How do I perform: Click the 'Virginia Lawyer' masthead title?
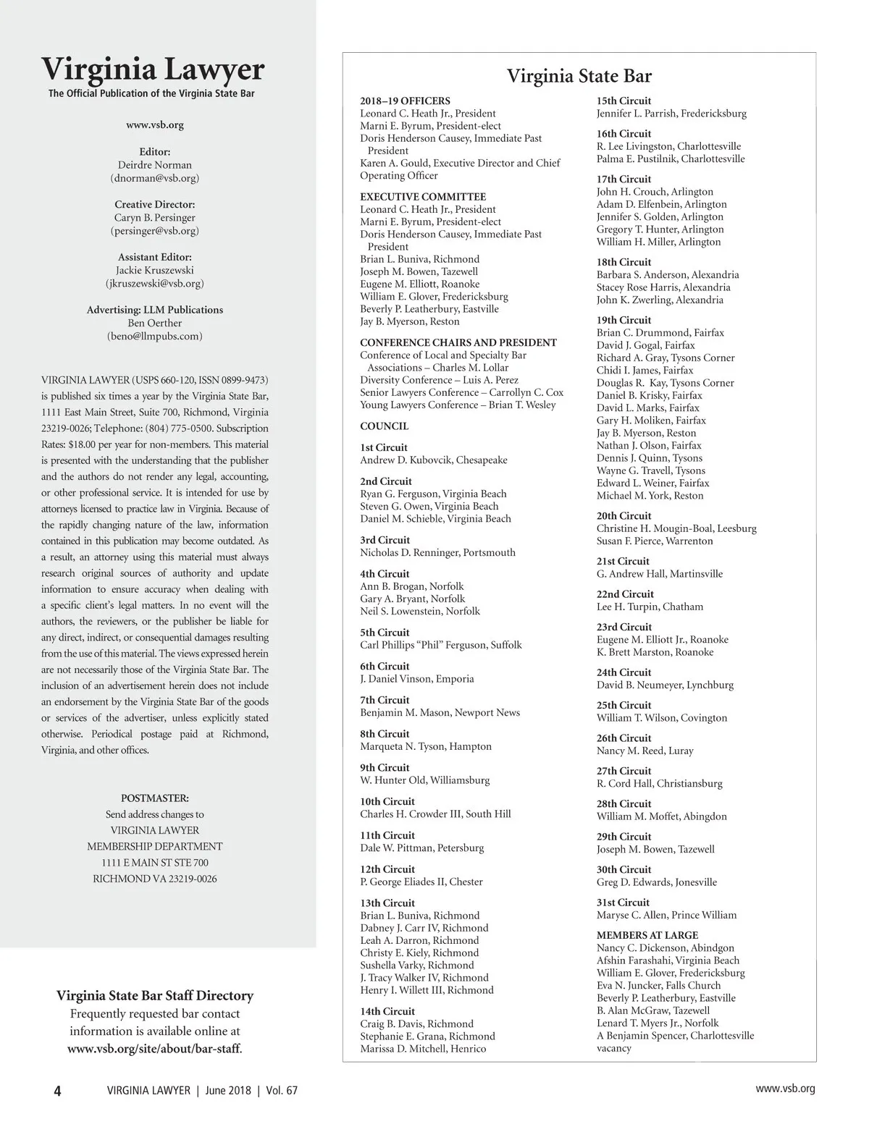point(153,70)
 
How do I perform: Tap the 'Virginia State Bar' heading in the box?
point(579,76)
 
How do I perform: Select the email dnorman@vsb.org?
point(154,178)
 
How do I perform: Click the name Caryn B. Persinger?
point(154,218)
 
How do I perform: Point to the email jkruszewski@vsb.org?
point(154,284)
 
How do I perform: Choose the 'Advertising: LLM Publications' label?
point(154,310)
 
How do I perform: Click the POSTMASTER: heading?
point(154,798)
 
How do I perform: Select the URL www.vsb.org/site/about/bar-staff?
point(154,1049)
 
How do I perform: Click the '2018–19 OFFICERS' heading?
point(405,101)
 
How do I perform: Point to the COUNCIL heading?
point(384,426)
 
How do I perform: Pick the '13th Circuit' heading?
point(387,903)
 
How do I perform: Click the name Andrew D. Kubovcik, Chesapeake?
point(433,460)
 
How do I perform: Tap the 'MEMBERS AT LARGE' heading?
point(647,935)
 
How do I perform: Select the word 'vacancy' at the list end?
point(613,1048)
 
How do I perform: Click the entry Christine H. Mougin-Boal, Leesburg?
point(676,528)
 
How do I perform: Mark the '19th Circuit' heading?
point(624,320)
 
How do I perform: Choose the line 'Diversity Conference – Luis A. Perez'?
point(439,380)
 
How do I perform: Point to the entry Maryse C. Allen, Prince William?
point(666,915)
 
